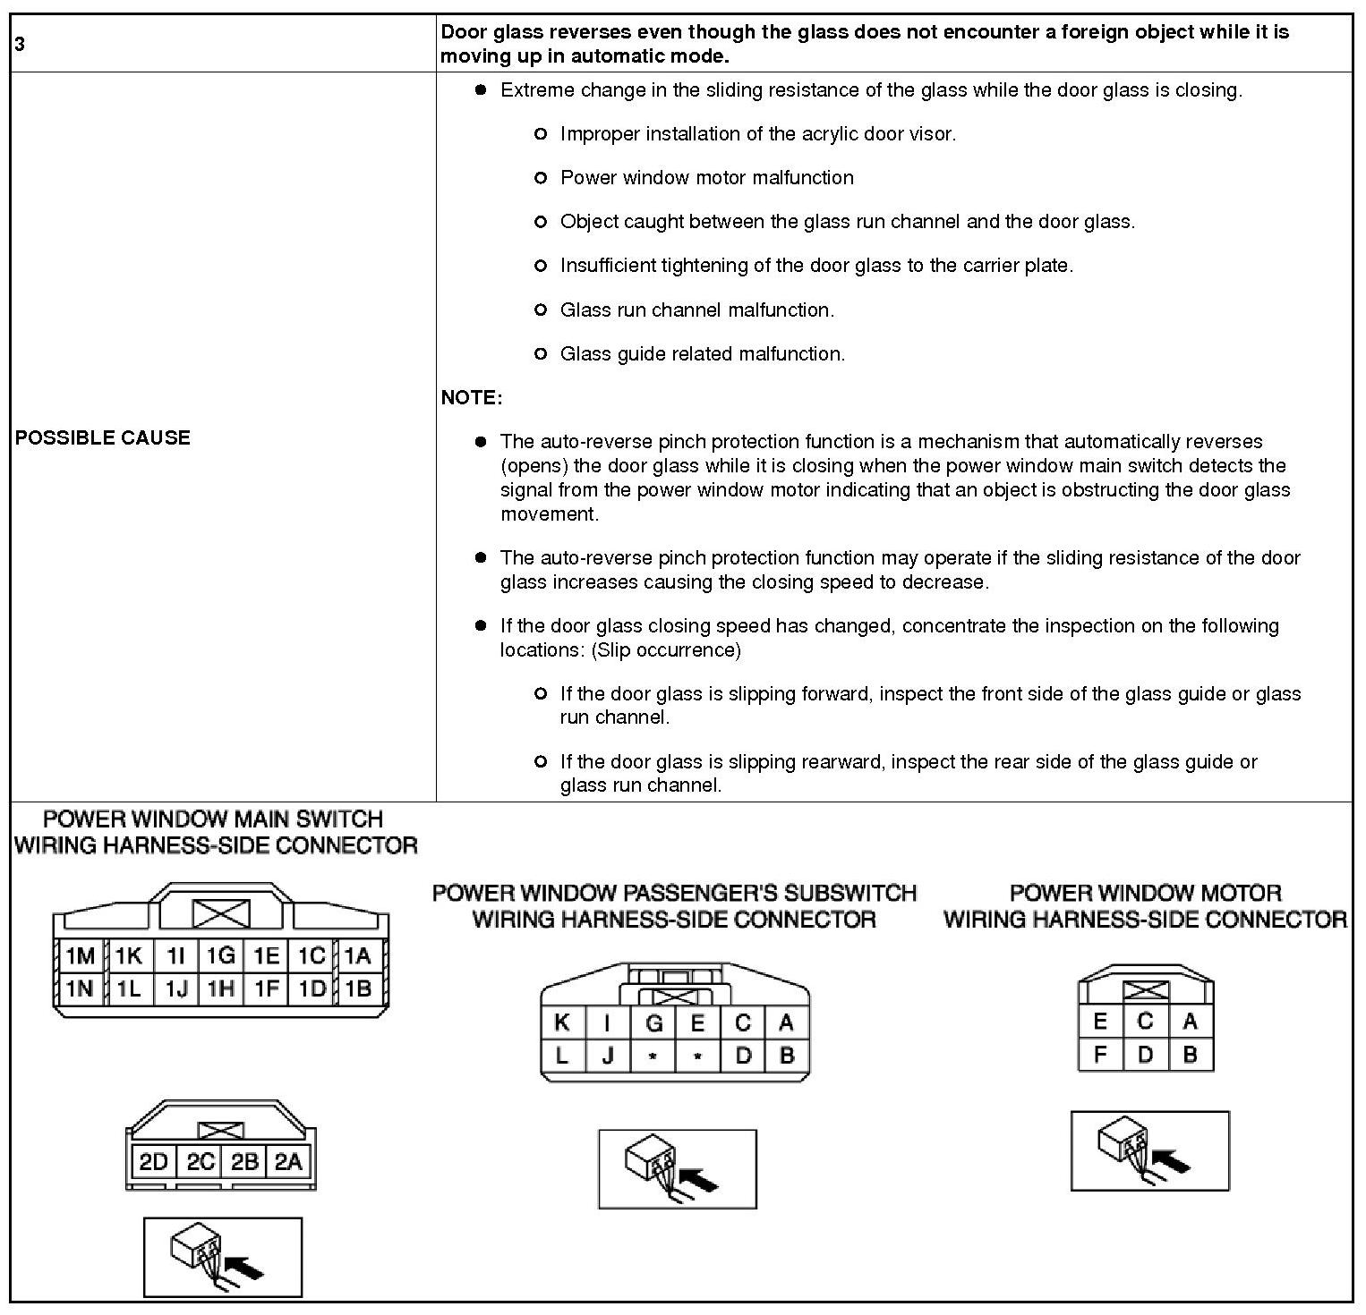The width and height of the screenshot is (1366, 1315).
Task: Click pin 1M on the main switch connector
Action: pyautogui.click(x=80, y=956)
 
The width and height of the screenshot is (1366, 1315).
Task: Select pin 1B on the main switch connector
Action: pyautogui.click(x=358, y=989)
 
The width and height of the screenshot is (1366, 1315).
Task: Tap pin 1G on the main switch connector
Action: pyautogui.click(x=220, y=956)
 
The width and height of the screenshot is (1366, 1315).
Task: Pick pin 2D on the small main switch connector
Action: pyautogui.click(x=153, y=1162)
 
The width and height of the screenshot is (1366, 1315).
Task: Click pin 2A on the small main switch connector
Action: pyautogui.click(x=289, y=1162)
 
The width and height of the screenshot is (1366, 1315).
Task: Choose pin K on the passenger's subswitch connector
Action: pyautogui.click(x=562, y=1023)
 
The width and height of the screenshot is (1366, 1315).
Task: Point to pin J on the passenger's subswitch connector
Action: pyautogui.click(x=608, y=1056)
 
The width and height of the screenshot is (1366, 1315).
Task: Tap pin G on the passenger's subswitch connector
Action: pyautogui.click(x=653, y=1023)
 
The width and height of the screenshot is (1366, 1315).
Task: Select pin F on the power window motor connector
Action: pyautogui.click(x=1100, y=1055)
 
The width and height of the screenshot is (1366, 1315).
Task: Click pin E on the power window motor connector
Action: pyautogui.click(x=1100, y=1022)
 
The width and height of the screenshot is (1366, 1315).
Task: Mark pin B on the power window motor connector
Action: pyautogui.click(x=1191, y=1055)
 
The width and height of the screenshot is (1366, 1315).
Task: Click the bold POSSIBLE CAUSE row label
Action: pyautogui.click(x=103, y=437)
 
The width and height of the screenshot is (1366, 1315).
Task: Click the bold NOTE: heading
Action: pyautogui.click(x=472, y=398)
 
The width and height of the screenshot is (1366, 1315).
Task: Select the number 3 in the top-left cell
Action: pyautogui.click(x=20, y=44)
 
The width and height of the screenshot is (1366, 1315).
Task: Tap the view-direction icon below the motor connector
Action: pyautogui.click(x=1149, y=1150)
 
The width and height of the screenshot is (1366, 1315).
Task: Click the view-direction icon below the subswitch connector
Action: pyautogui.click(x=677, y=1169)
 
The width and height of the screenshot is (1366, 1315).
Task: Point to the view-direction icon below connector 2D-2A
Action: pyautogui.click(x=222, y=1257)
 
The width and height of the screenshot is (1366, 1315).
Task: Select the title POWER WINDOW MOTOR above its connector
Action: pyautogui.click(x=1145, y=893)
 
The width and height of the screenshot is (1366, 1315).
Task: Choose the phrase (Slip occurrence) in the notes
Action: pyautogui.click(x=666, y=650)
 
